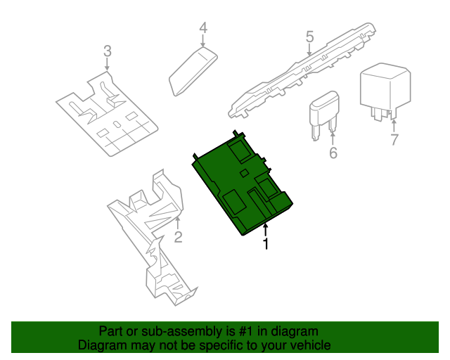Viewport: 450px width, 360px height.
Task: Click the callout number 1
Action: [x=266, y=243]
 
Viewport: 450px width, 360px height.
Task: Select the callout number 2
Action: [x=178, y=237]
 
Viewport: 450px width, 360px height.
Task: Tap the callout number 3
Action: [x=108, y=51]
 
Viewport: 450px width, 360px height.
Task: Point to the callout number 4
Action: [x=203, y=28]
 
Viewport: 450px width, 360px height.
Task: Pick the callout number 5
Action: [x=309, y=37]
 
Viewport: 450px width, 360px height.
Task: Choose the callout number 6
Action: [x=333, y=153]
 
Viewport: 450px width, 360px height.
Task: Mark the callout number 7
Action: [x=394, y=140]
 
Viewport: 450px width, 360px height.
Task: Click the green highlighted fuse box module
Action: [x=242, y=184]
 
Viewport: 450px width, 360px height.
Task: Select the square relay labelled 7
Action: [x=385, y=91]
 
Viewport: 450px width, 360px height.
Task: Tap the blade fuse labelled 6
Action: [x=323, y=114]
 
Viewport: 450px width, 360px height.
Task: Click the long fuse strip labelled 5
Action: [x=302, y=71]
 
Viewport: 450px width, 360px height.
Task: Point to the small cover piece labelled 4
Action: [x=193, y=72]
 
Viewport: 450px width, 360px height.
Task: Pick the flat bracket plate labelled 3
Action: [x=107, y=115]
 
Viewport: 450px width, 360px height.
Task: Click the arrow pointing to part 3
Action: [x=107, y=64]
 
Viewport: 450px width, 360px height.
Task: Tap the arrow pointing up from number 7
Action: [x=394, y=126]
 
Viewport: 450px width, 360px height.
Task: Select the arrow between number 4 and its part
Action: [x=203, y=41]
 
